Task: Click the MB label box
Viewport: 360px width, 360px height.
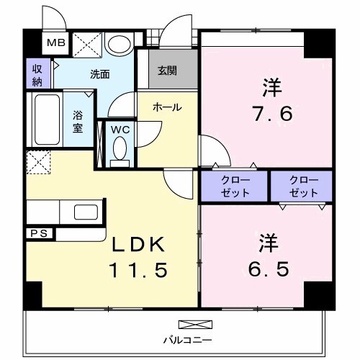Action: click(55, 43)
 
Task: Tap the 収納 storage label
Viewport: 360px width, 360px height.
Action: click(36, 73)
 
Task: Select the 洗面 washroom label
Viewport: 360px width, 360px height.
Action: click(99, 73)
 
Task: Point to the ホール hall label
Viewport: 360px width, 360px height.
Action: click(166, 108)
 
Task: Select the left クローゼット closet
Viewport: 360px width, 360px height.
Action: click(235, 186)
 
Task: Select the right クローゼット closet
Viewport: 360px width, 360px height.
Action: click(303, 186)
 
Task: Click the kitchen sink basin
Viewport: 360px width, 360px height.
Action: click(86, 213)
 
